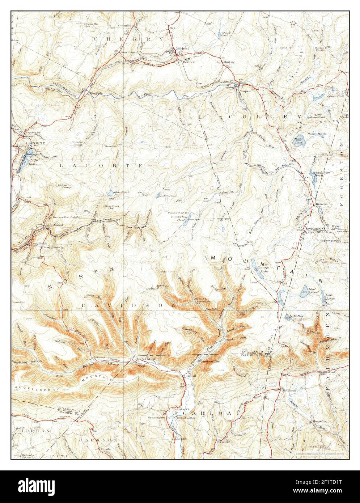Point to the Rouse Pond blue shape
click(299, 141)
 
